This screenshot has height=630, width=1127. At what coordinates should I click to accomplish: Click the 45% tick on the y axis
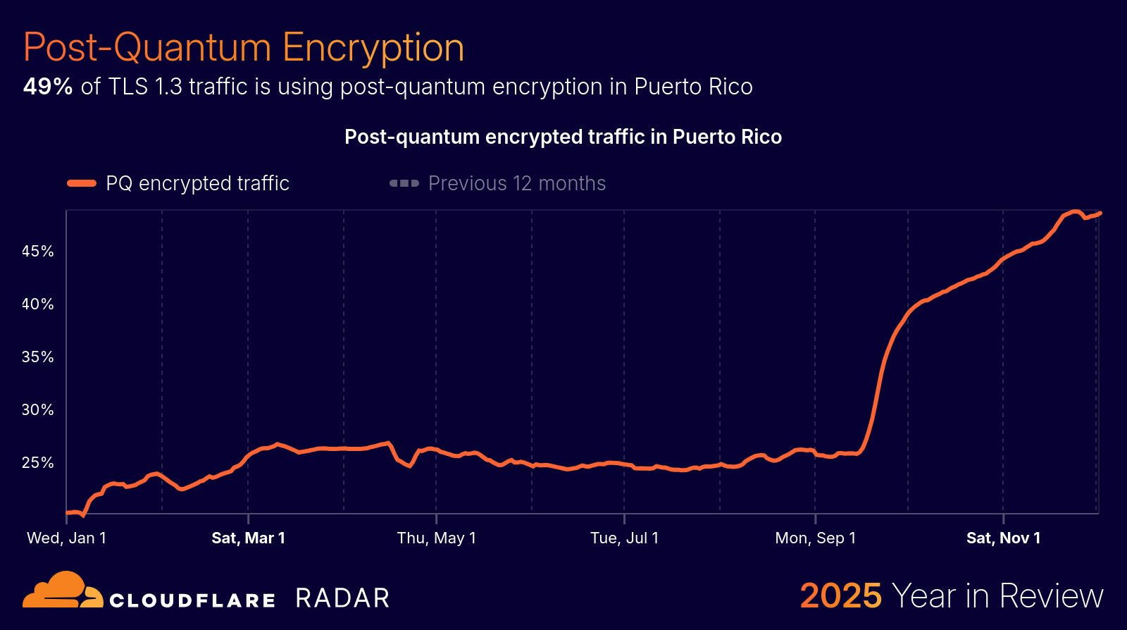[38, 252]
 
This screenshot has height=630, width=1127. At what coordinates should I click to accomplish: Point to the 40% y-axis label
[38, 304]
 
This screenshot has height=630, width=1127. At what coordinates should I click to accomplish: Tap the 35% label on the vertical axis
[38, 357]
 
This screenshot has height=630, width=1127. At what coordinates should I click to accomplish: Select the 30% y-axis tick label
[38, 410]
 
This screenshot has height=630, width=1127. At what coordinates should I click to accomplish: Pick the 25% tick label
[38, 463]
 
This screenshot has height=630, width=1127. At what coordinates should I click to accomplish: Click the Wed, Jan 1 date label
[66, 538]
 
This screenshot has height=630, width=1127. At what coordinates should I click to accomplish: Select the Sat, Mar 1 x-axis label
[248, 538]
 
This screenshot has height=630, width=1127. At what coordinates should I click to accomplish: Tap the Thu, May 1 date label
[436, 538]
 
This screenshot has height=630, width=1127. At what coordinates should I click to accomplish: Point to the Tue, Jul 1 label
[624, 538]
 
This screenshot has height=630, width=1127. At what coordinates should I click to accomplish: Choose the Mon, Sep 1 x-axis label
[815, 538]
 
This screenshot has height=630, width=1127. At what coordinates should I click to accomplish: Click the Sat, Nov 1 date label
[1003, 538]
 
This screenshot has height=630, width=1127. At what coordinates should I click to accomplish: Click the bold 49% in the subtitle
[48, 87]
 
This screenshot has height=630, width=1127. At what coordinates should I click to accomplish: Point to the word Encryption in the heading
[373, 48]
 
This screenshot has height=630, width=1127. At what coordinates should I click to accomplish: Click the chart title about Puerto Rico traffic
[563, 137]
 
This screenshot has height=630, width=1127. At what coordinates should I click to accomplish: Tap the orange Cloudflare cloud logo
[62, 591]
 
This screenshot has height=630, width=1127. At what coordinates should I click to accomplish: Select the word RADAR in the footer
[342, 598]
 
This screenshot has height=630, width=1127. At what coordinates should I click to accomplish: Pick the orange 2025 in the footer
[840, 596]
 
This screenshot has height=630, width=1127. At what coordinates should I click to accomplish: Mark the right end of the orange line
[1100, 213]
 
